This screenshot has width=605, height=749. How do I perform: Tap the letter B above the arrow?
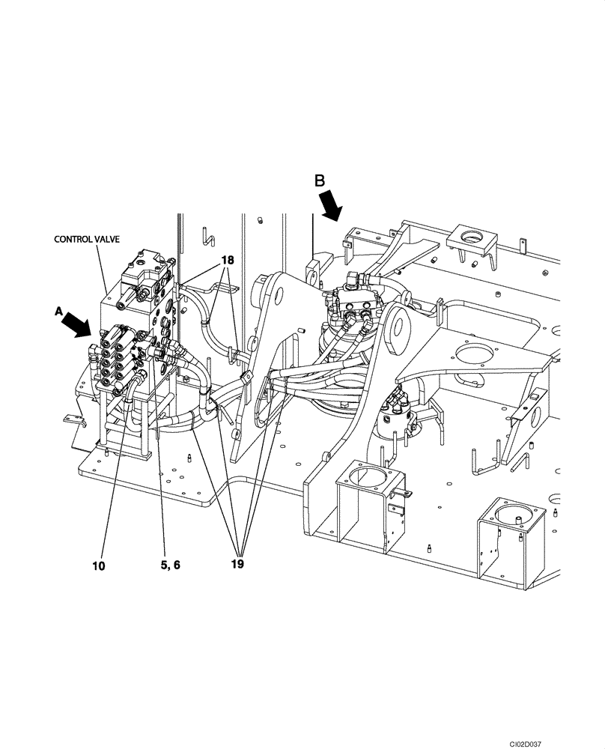coord(319,181)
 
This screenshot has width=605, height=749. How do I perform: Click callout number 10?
coord(99,566)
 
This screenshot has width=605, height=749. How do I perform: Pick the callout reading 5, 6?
coord(170,566)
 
